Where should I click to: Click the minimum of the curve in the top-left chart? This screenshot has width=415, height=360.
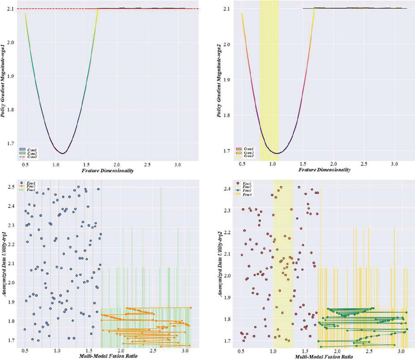pyautogui.click(x=63, y=153)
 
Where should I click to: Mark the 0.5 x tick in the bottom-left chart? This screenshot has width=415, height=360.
pyautogui.click(x=25, y=351)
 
